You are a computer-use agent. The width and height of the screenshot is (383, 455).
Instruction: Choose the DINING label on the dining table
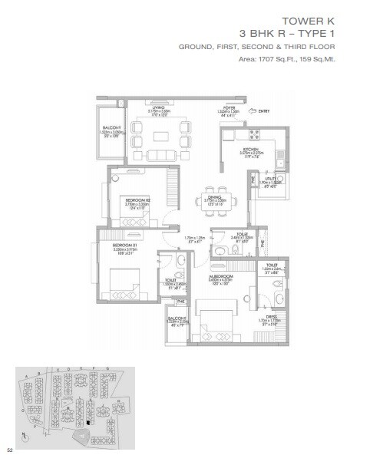click(x=215, y=197)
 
